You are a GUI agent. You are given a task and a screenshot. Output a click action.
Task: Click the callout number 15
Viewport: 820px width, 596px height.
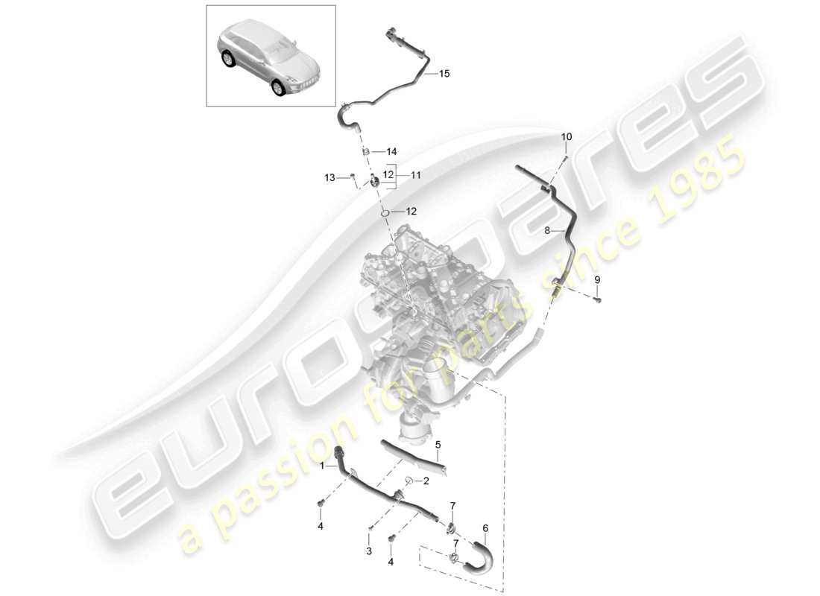click(x=444, y=74)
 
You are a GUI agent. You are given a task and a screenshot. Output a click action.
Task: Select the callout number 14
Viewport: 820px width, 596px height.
click(x=391, y=151)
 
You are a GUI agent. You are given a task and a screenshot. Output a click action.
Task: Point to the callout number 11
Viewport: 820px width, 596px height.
click(x=416, y=175)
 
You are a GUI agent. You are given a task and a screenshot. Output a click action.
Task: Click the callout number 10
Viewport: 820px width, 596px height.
click(x=567, y=137)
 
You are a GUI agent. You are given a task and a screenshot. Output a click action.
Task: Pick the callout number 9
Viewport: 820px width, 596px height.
click(x=596, y=279)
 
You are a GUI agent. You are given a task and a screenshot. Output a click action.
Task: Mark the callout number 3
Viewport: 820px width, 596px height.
click(x=368, y=551)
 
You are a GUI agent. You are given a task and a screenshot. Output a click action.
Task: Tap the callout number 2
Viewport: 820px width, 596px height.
click(x=425, y=481)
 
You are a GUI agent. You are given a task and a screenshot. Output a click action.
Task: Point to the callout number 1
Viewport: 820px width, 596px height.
click(x=323, y=466)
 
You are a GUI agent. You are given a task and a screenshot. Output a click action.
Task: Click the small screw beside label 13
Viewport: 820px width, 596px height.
click(x=350, y=177)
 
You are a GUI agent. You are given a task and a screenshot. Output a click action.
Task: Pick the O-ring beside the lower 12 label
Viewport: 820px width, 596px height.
click(x=385, y=214)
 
